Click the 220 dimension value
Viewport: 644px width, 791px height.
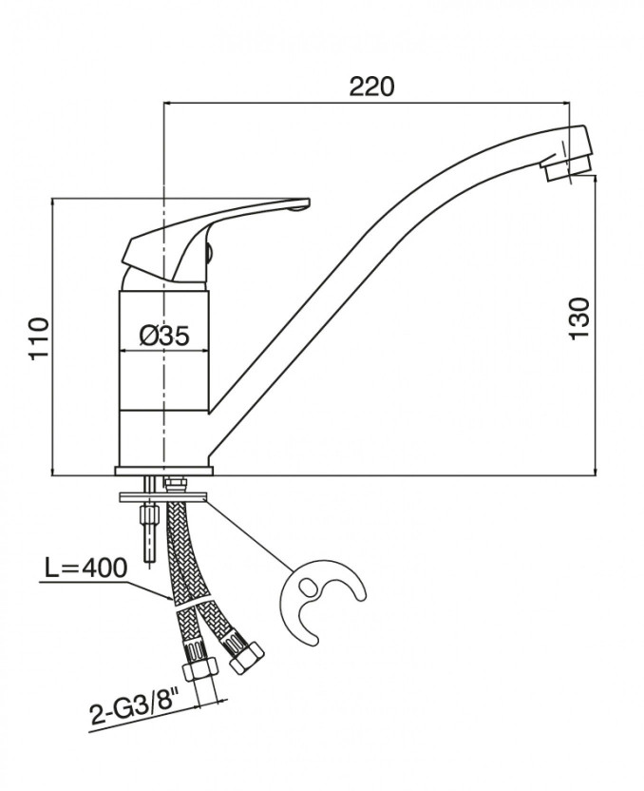click(x=370, y=87)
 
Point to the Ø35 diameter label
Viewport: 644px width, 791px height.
click(x=164, y=335)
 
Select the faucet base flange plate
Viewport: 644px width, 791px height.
click(x=163, y=471)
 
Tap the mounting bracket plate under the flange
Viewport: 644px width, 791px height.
click(x=163, y=495)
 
